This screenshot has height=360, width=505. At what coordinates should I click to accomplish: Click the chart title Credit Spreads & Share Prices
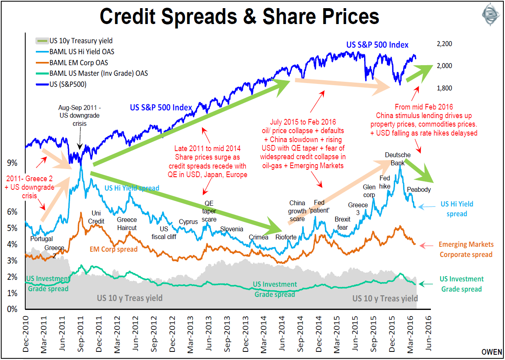point(239,17)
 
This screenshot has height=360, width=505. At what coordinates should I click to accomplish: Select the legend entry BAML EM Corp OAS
point(79,63)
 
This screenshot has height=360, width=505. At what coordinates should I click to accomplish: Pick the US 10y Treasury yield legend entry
point(81,41)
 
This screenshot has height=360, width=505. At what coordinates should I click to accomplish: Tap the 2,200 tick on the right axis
point(444,44)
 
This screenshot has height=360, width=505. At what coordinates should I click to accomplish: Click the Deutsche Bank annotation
point(397,159)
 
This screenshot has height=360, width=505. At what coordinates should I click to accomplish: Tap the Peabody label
point(419,190)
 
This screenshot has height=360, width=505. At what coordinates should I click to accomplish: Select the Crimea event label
point(259,237)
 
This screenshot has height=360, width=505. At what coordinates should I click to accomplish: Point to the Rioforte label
point(286,237)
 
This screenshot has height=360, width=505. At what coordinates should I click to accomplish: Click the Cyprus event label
point(188,222)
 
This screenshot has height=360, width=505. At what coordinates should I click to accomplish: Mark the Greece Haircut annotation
point(127,224)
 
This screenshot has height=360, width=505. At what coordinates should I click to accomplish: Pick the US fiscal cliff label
point(164,233)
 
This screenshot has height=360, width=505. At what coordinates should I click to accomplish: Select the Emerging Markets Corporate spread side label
point(466,249)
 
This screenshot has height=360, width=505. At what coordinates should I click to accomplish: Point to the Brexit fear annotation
point(343,223)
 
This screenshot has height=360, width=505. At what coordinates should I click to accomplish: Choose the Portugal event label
point(42,239)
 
